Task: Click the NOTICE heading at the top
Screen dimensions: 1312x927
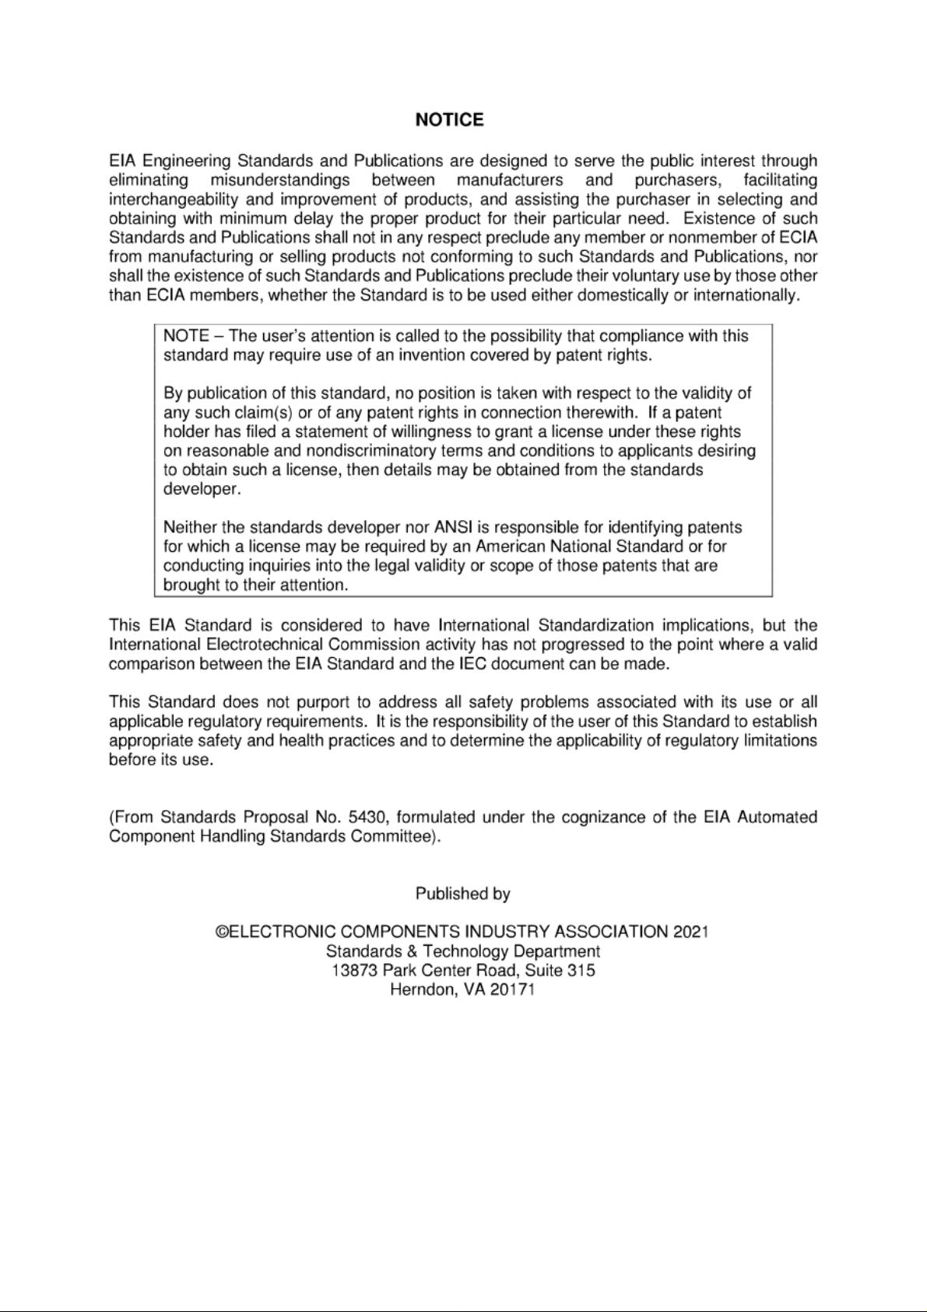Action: click(x=449, y=120)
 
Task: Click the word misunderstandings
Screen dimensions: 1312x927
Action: click(x=280, y=181)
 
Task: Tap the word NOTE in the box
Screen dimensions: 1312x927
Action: click(x=186, y=336)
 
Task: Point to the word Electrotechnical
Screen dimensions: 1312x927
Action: click(x=265, y=645)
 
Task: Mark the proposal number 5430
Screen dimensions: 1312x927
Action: click(x=369, y=818)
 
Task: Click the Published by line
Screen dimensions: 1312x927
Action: click(x=462, y=894)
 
